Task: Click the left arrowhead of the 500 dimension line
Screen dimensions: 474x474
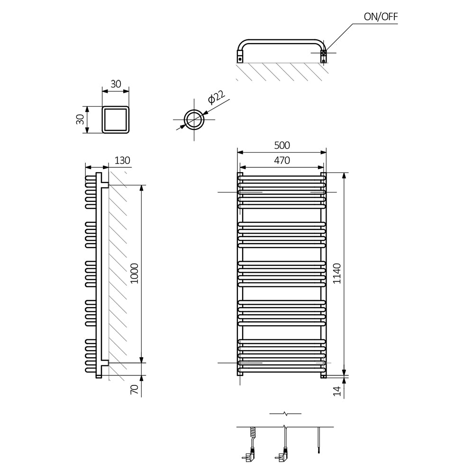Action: pyautogui.click(x=241, y=152)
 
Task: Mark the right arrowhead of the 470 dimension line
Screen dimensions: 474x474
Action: pyautogui.click(x=320, y=167)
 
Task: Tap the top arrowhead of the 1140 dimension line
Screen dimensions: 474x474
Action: pyautogui.click(x=344, y=176)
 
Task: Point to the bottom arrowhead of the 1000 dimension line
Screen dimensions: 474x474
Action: pyautogui.click(x=141, y=359)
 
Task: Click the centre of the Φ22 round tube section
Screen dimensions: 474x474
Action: pyautogui.click(x=194, y=119)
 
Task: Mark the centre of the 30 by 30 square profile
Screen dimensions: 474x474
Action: pyautogui.click(x=116, y=119)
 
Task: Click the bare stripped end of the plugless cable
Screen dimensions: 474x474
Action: pyautogui.click(x=319, y=451)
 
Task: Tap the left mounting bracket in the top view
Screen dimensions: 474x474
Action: pyautogui.click(x=240, y=56)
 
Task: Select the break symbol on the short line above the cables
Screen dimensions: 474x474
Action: pyautogui.click(x=285, y=413)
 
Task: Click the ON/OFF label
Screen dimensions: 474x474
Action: pyautogui.click(x=381, y=17)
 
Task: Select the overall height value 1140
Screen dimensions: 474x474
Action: pyautogui.click(x=337, y=273)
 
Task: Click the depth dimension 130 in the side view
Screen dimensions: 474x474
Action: pyautogui.click(x=122, y=160)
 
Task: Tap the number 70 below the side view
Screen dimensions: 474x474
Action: pyautogui.click(x=134, y=389)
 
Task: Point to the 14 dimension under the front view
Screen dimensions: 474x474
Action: pyautogui.click(x=337, y=391)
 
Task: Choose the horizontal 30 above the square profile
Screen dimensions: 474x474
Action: pyautogui.click(x=116, y=84)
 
